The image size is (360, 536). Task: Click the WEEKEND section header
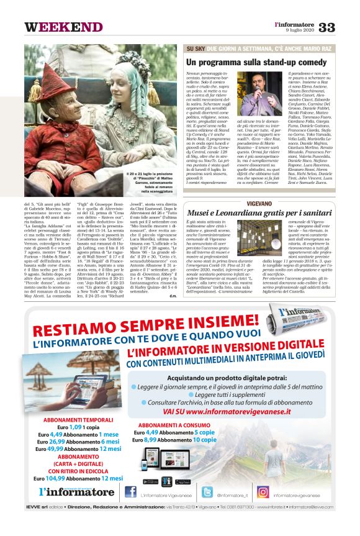click(64, 27)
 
